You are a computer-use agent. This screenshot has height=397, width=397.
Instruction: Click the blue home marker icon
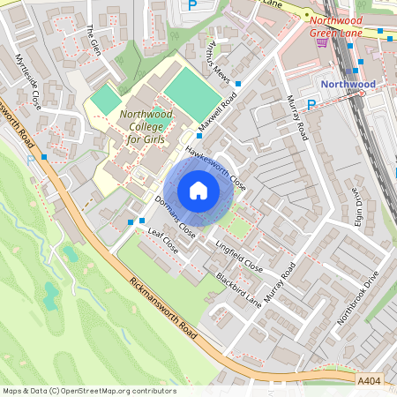point(198,191)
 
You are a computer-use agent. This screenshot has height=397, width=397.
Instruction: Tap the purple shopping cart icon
point(322,41)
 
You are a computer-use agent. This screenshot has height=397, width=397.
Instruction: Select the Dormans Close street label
point(175,216)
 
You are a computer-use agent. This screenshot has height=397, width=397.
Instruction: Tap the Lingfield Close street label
point(239,256)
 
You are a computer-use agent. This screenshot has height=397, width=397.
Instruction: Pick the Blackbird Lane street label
point(238,288)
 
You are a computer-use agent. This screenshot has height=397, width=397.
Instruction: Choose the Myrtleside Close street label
point(28,81)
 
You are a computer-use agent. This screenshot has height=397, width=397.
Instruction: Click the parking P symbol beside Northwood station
point(311,105)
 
